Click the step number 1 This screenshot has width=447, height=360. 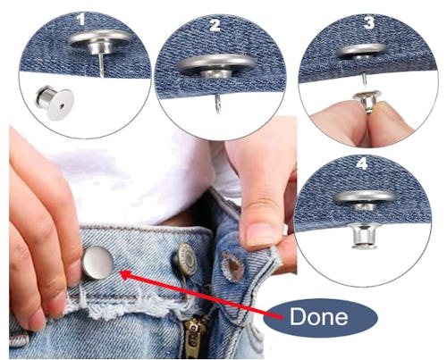80,20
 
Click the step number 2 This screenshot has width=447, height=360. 215,25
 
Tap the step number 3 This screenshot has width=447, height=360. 369,22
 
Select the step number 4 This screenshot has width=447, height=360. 362,163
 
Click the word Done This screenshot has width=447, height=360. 318,316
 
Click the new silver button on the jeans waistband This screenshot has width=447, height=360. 98,262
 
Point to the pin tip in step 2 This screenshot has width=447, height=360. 218,113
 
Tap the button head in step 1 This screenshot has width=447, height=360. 100,38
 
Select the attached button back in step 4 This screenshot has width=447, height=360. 365,236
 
